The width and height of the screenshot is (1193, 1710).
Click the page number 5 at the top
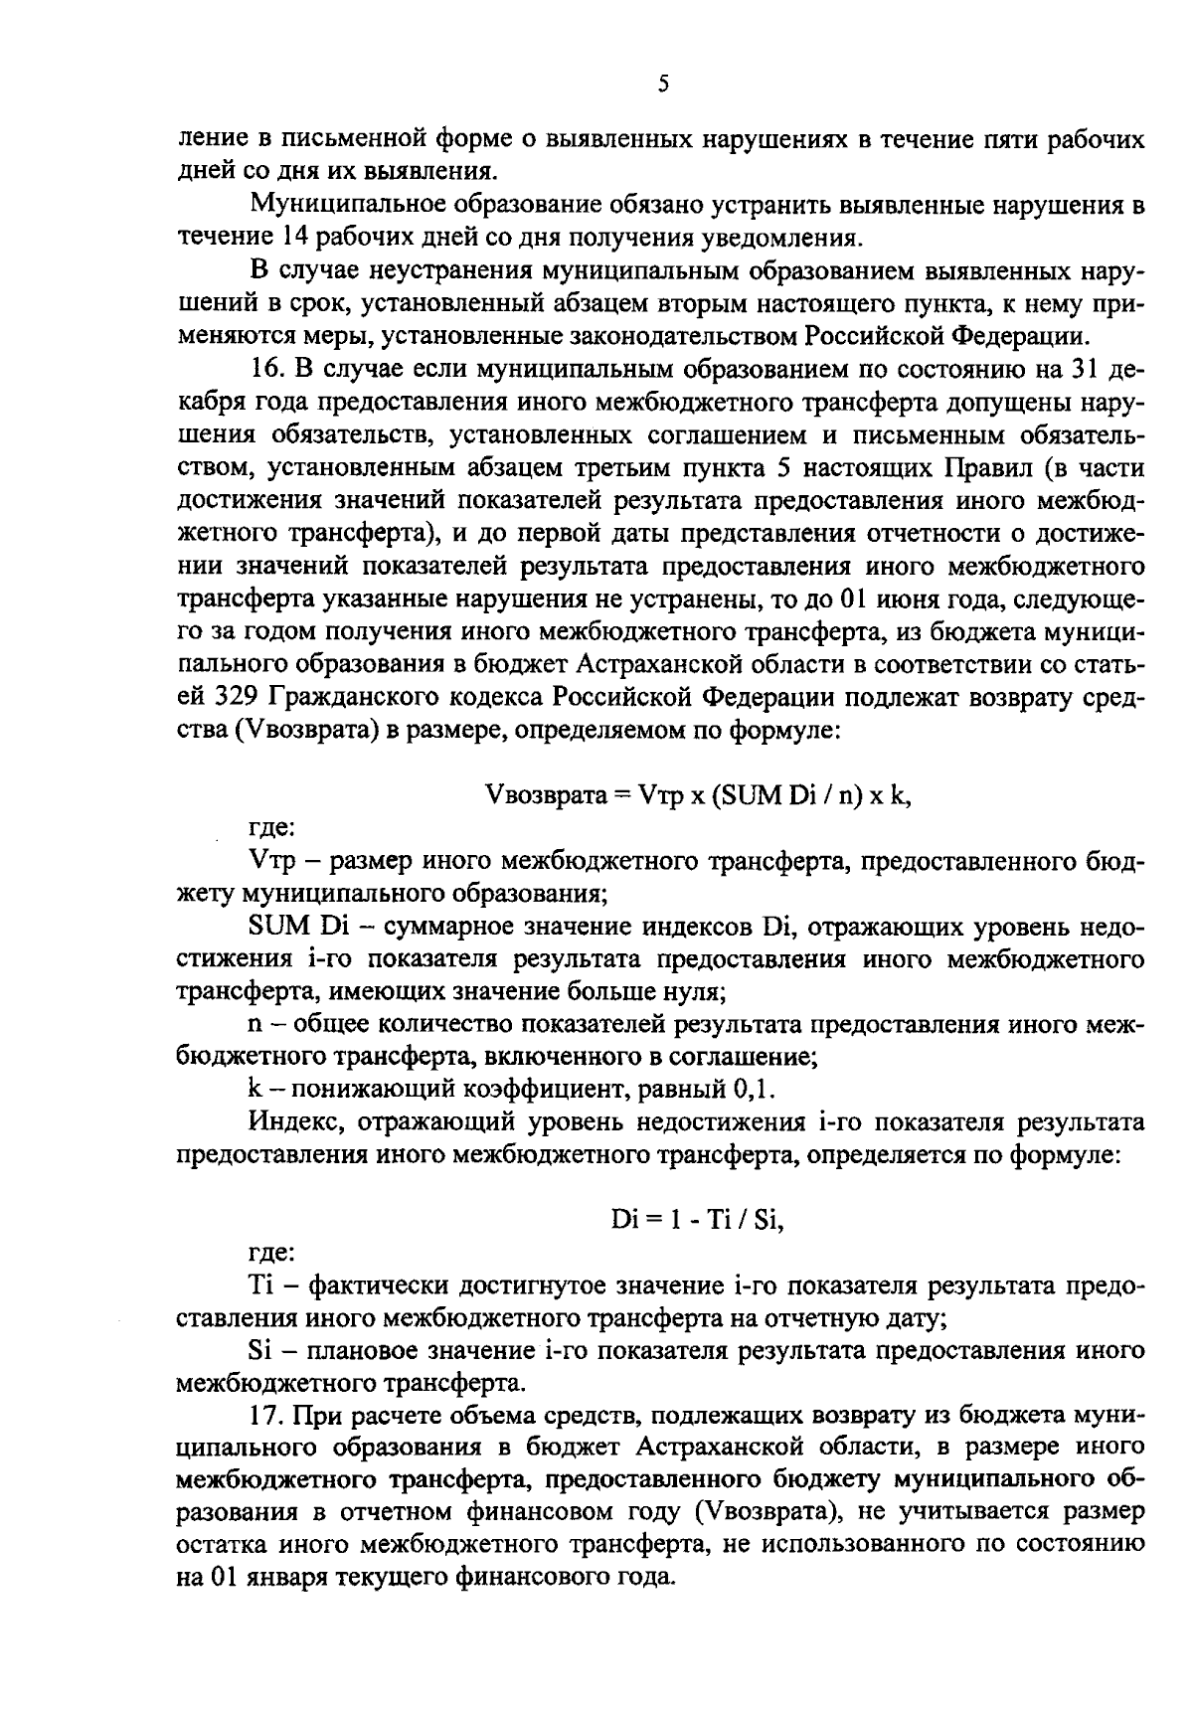click(x=663, y=85)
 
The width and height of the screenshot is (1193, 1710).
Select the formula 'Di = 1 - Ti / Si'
click(x=697, y=1220)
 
